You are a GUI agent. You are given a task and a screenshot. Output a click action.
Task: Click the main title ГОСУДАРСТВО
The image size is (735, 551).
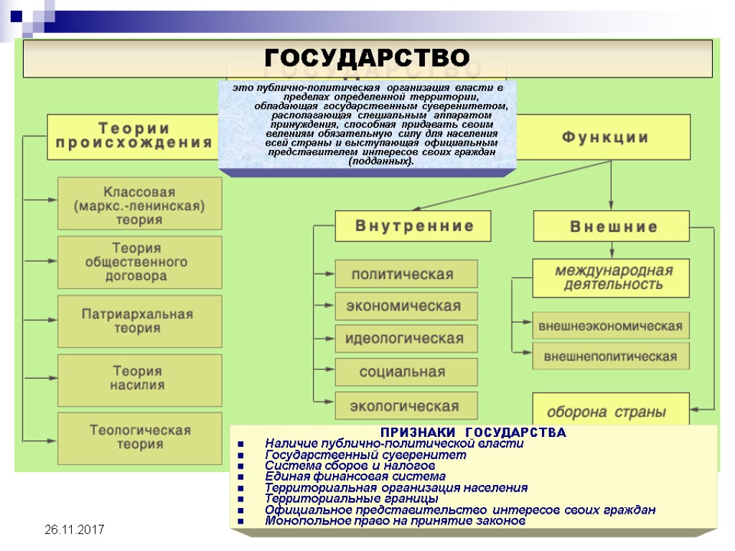(x=367, y=57)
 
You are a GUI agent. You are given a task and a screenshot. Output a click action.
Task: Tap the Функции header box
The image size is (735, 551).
(x=604, y=137)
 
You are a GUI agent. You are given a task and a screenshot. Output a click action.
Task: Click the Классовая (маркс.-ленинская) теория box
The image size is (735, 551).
(x=139, y=205)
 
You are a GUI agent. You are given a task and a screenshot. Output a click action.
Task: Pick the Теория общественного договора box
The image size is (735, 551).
(x=139, y=262)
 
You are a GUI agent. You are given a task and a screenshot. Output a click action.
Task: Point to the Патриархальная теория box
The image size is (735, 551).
(x=139, y=321)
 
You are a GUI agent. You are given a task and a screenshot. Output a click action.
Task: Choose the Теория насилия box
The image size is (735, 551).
(x=139, y=378)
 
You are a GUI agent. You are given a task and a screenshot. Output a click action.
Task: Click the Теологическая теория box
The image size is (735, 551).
(x=139, y=437)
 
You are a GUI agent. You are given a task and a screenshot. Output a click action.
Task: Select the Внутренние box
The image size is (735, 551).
(x=413, y=226)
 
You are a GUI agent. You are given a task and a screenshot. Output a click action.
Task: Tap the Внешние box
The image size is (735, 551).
(x=611, y=227)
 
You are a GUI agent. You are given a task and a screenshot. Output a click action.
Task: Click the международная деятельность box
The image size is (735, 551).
(x=611, y=278)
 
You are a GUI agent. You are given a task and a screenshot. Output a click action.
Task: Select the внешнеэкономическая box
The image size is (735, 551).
(x=611, y=326)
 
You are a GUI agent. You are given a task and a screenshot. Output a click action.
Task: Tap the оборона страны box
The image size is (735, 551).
(x=609, y=411)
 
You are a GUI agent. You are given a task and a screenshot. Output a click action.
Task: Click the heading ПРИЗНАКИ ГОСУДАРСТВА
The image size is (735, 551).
(x=473, y=433)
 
